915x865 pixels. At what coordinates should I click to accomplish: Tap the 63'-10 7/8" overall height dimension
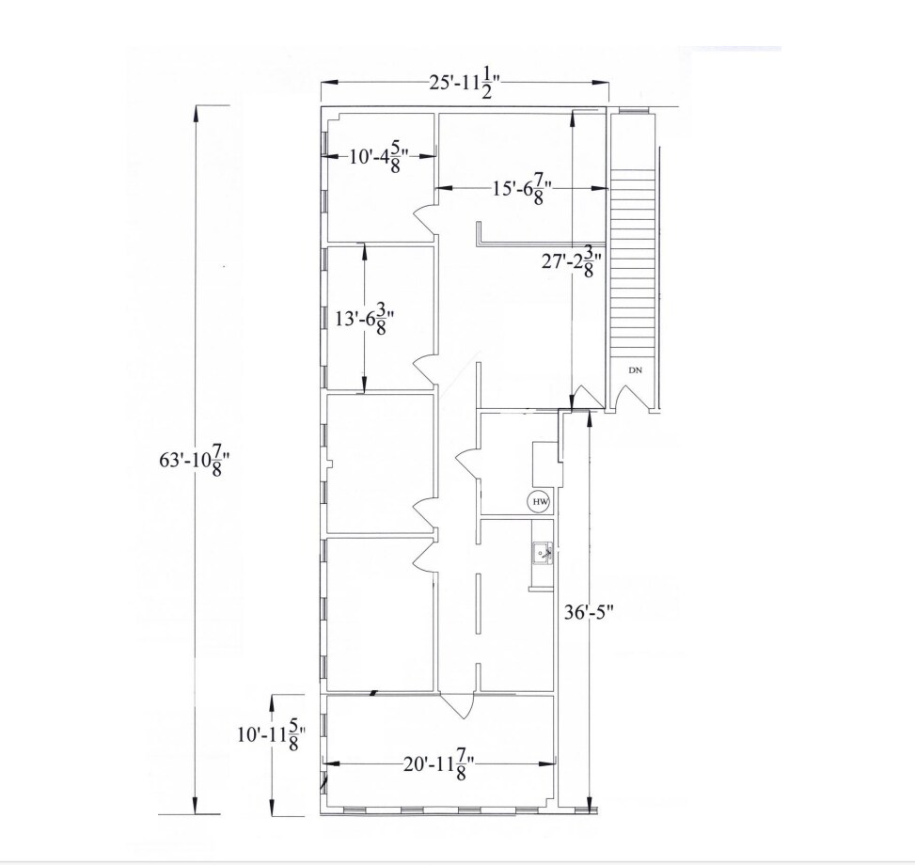(195, 460)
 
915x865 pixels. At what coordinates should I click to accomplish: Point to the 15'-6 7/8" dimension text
(522, 190)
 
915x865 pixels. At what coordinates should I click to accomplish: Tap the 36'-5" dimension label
(589, 612)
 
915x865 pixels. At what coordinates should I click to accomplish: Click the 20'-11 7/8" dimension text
(438, 764)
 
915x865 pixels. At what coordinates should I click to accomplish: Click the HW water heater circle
(540, 502)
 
